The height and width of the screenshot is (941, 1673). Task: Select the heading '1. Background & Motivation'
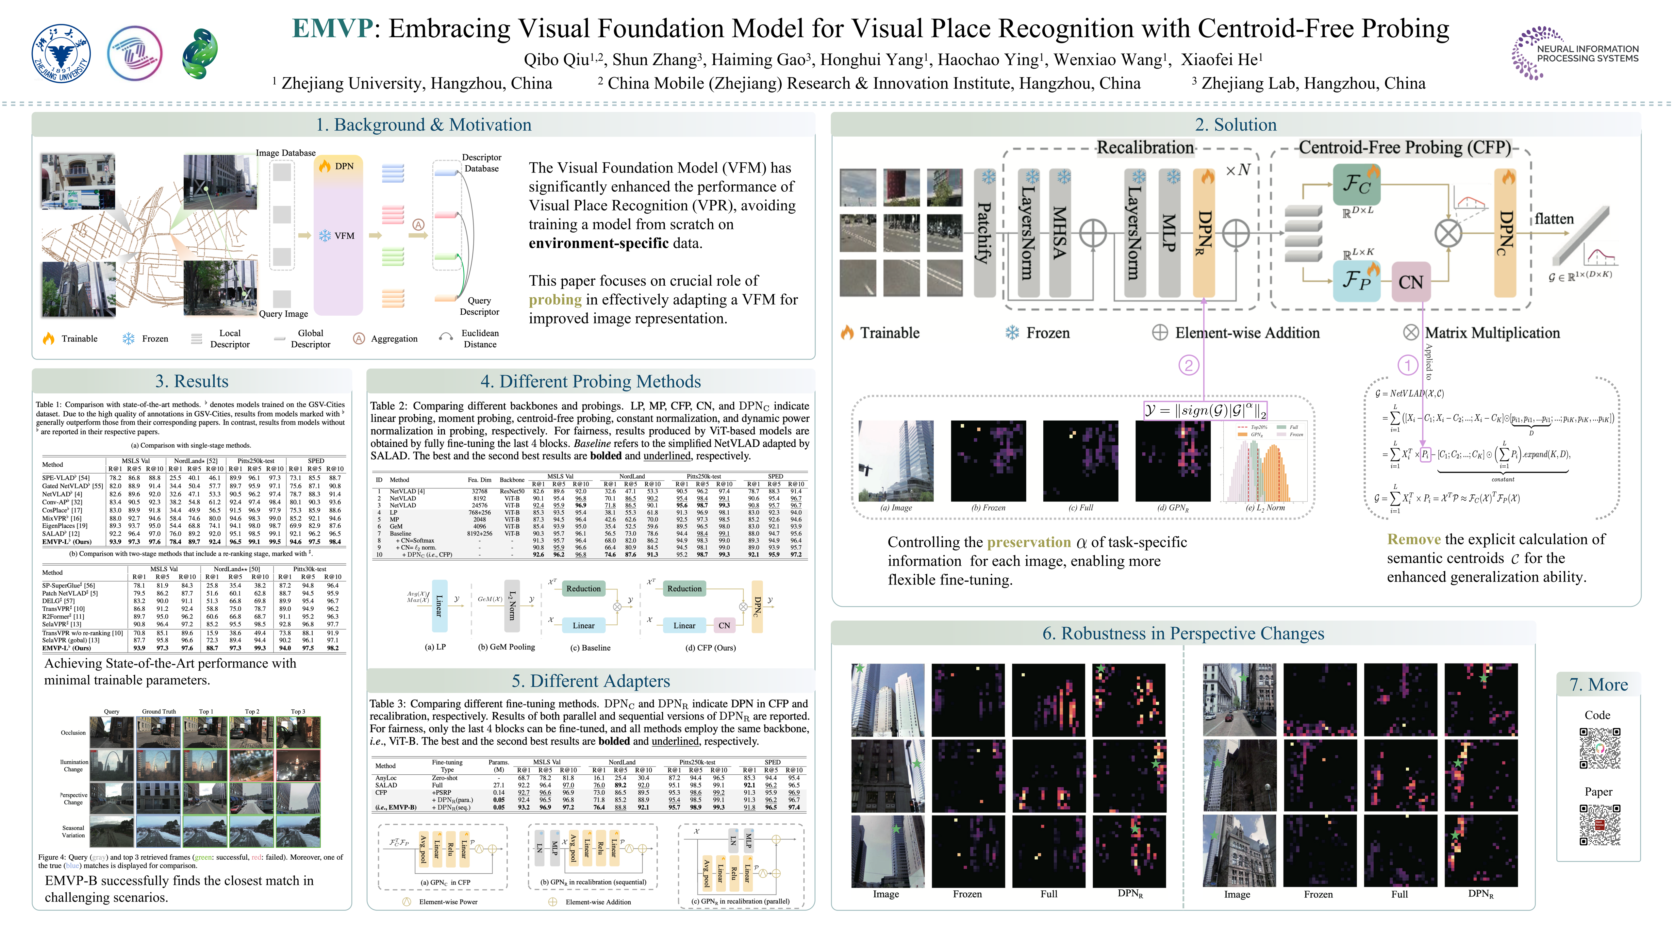(x=423, y=125)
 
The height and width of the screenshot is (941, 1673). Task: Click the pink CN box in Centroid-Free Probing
(x=1411, y=282)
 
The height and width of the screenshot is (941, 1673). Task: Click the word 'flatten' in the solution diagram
(x=1554, y=219)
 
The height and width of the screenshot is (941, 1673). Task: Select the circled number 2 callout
(x=1188, y=365)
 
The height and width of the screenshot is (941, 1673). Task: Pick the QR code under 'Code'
(x=1599, y=748)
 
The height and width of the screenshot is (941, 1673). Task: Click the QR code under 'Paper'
(x=1599, y=825)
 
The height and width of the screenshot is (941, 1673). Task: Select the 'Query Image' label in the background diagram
(x=283, y=314)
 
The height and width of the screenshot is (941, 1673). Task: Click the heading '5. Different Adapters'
(x=590, y=681)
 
